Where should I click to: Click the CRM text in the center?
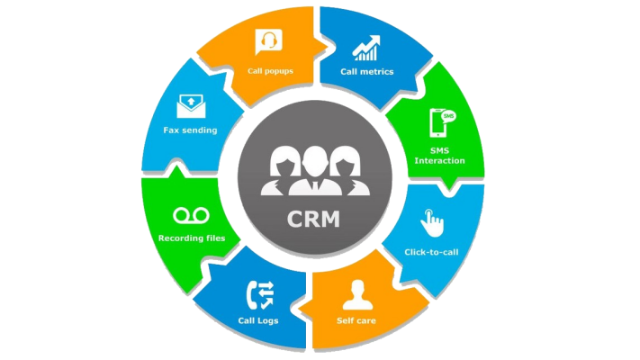point(314,219)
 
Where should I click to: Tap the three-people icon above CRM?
point(314,168)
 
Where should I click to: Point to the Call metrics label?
point(366,71)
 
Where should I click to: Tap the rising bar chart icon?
point(365,46)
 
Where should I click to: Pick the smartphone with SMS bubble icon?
point(441,121)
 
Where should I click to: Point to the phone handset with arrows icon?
point(260,292)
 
